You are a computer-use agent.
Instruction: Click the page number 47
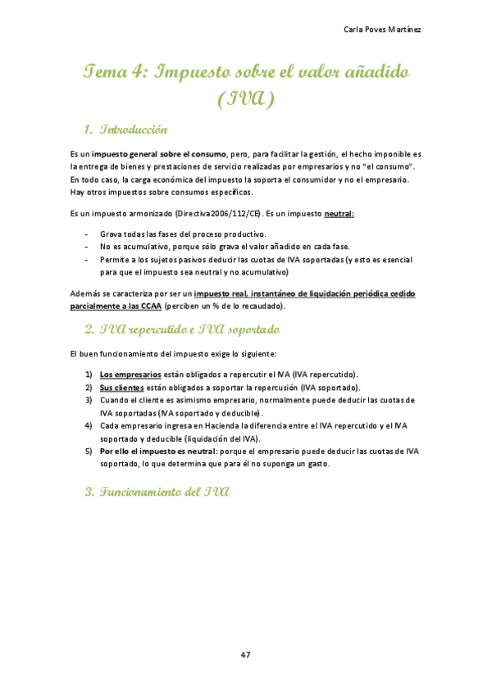pos(246,654)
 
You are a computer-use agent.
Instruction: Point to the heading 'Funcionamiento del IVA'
pos(156,493)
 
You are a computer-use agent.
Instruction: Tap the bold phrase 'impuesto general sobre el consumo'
pos(159,153)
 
